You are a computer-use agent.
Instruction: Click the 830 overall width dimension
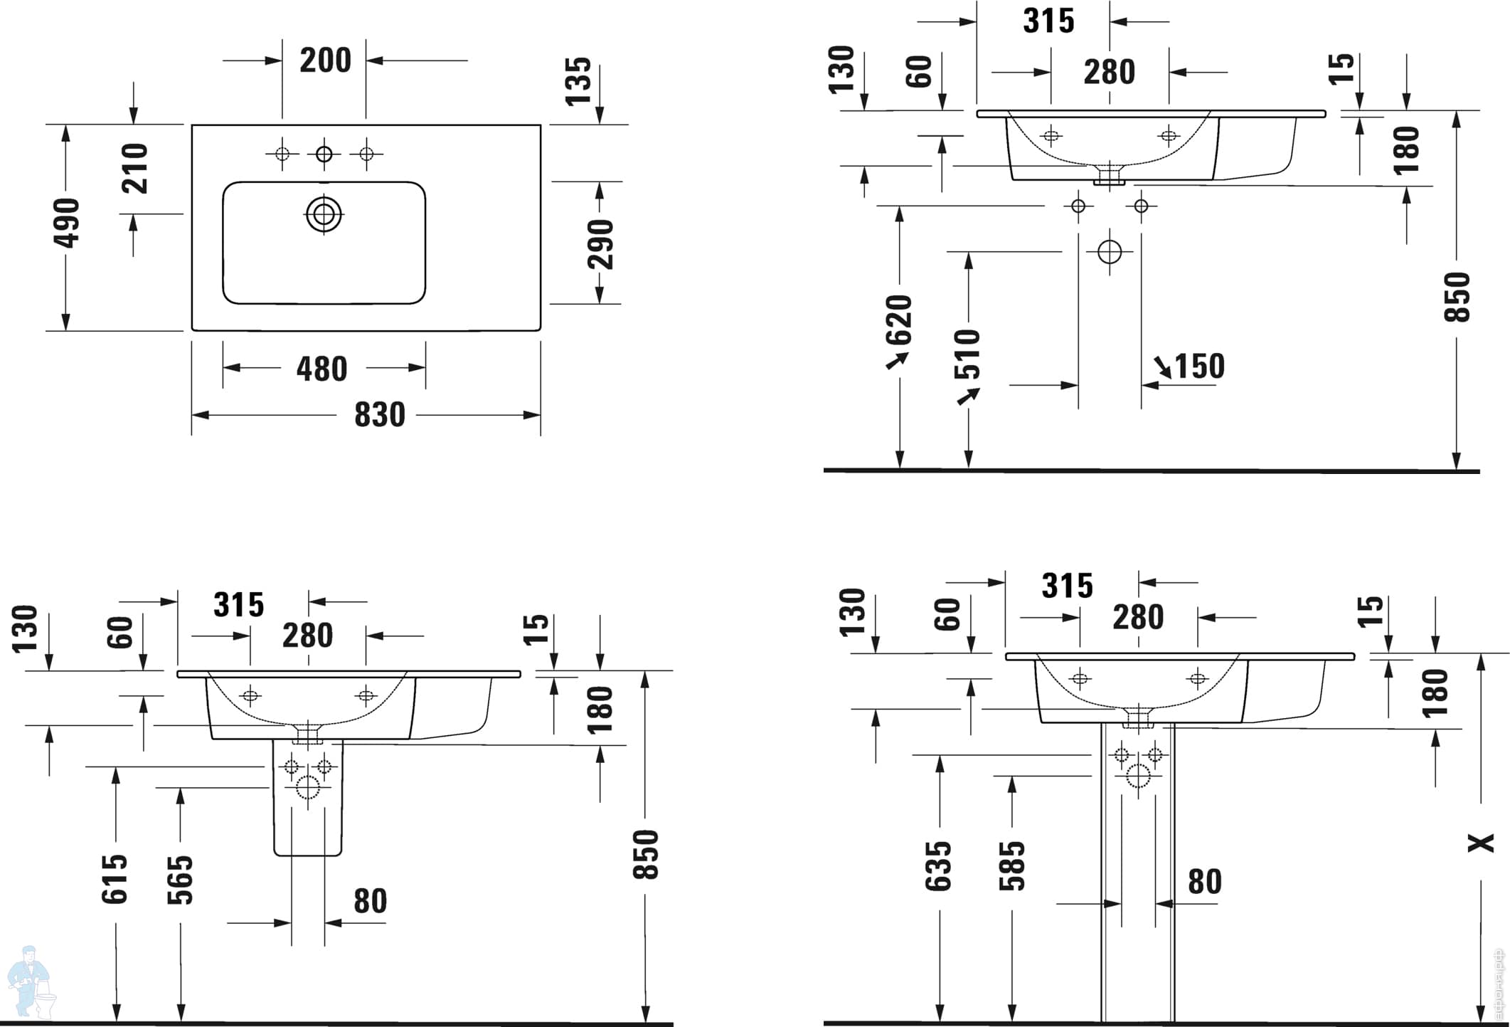pos(380,415)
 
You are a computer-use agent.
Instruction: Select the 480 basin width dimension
pos(322,369)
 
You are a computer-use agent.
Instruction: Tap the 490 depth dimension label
pos(66,223)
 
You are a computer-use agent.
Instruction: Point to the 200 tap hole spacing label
pos(325,60)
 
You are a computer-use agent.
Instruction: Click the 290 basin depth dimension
pos(600,244)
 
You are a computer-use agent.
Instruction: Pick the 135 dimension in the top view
pos(578,81)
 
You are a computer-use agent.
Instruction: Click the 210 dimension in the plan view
pos(134,168)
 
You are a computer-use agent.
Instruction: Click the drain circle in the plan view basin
pos(324,214)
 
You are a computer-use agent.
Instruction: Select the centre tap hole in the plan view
pos(324,154)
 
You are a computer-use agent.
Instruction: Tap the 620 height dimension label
pos(899,320)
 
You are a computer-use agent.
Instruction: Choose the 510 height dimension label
pos(967,354)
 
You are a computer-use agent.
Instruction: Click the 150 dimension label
pos(1199,367)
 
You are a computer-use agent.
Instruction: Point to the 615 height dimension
pos(115,880)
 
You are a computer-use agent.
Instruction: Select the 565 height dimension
pos(180,880)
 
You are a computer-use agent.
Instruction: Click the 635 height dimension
pos(938,866)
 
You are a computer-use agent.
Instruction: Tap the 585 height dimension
pos(1012,866)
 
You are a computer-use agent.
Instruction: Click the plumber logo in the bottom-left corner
pos(29,983)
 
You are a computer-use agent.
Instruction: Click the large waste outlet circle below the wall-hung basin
pos(1110,252)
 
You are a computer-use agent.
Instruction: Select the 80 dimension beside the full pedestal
pos(1205,882)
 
